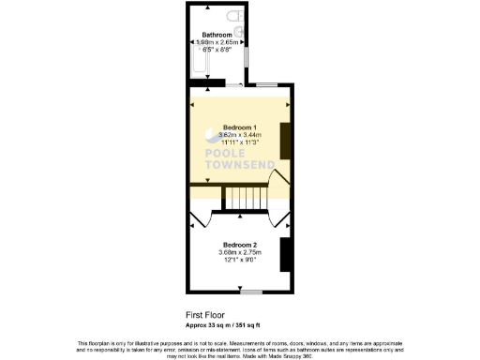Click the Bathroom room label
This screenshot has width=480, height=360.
(217, 35)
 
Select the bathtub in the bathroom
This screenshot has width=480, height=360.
(198, 66)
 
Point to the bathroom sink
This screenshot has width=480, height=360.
(240, 36)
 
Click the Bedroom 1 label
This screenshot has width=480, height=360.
(240, 127)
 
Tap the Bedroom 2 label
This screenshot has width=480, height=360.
(240, 245)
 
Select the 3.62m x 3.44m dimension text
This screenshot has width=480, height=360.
(240, 135)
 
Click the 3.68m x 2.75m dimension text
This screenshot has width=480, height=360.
(240, 252)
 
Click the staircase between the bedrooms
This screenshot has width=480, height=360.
(245, 199)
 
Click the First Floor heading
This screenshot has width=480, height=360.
(206, 316)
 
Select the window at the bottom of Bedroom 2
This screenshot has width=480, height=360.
(249, 293)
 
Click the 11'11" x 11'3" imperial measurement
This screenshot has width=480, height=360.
(240, 142)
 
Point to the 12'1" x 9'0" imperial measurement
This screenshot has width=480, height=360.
(240, 260)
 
